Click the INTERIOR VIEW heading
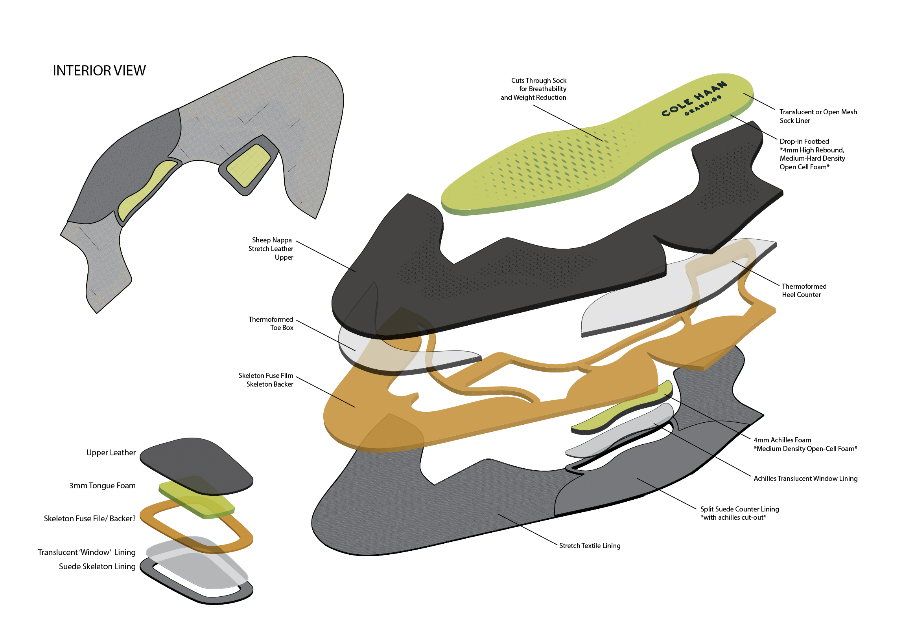[x=99, y=71]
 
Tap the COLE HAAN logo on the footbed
[x=694, y=99]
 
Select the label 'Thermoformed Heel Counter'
[x=804, y=290]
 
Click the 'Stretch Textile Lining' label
[x=590, y=546]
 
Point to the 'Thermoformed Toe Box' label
[x=271, y=323]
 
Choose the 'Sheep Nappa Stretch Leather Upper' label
[x=271, y=249]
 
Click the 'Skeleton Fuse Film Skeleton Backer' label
[x=266, y=380]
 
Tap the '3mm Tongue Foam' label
[x=102, y=486]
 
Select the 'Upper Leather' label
[x=111, y=453]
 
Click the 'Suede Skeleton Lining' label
[x=97, y=566]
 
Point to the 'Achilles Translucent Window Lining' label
[x=805, y=478]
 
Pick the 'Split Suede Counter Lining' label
[x=739, y=509]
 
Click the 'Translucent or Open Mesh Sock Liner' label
[x=818, y=116]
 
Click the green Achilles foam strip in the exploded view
[x=621, y=411]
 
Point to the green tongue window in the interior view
[x=249, y=166]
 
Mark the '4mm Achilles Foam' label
[x=782, y=440]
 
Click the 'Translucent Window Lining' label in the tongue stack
[x=87, y=552]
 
